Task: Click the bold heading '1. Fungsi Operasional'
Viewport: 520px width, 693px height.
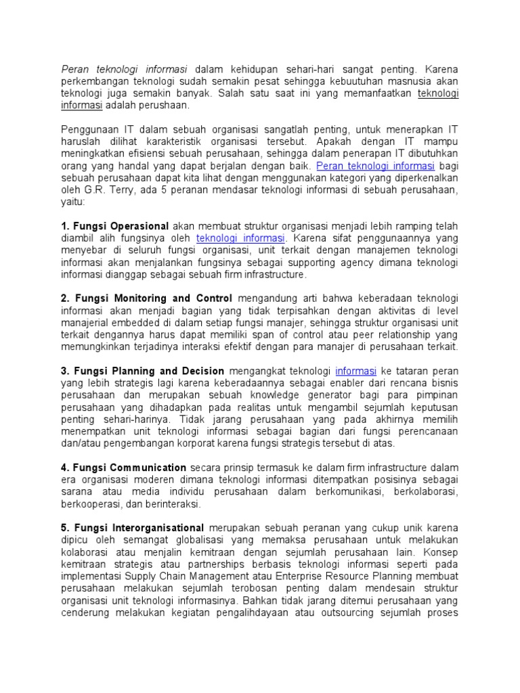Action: pyautogui.click(x=115, y=226)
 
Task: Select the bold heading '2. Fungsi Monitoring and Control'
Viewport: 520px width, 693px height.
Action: pyautogui.click(x=146, y=298)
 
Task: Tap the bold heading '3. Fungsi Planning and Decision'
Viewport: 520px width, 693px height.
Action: pyautogui.click(x=142, y=371)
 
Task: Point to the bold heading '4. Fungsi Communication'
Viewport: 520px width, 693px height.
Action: pyautogui.click(x=123, y=468)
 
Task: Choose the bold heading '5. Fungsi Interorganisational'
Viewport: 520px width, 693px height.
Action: pyautogui.click(x=132, y=528)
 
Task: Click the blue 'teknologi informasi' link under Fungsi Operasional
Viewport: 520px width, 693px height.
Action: pyautogui.click(x=241, y=238)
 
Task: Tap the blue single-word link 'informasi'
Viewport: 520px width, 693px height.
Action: pyautogui.click(x=356, y=371)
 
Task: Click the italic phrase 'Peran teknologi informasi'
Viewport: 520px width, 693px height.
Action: pyautogui.click(x=126, y=70)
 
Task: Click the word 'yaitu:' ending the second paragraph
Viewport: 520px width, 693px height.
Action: pyautogui.click(x=74, y=202)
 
